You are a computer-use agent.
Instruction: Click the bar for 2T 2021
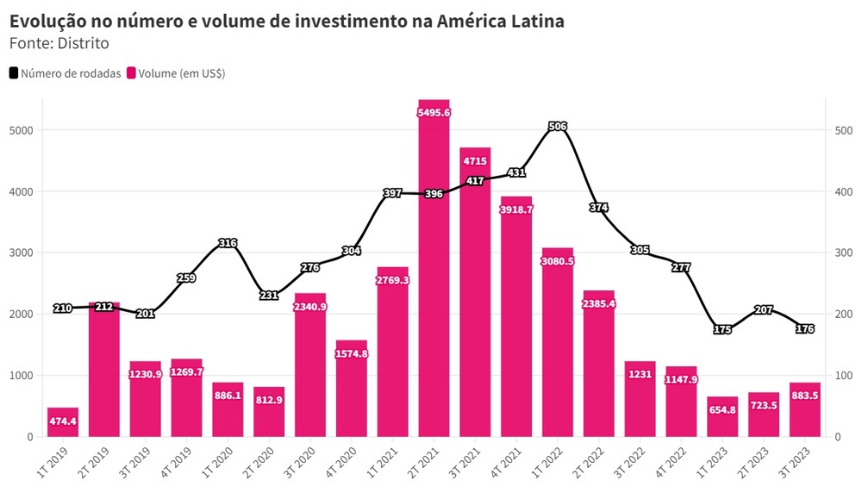(x=434, y=276)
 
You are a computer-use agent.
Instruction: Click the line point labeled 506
(x=558, y=127)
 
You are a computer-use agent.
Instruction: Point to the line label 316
(x=228, y=243)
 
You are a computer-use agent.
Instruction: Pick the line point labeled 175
(x=722, y=329)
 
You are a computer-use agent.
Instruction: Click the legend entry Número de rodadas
(x=66, y=74)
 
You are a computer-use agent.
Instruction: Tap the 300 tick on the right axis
(x=843, y=253)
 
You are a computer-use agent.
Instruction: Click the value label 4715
(x=475, y=160)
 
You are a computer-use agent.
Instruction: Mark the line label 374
(x=599, y=208)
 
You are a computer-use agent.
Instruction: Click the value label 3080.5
(x=558, y=261)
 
